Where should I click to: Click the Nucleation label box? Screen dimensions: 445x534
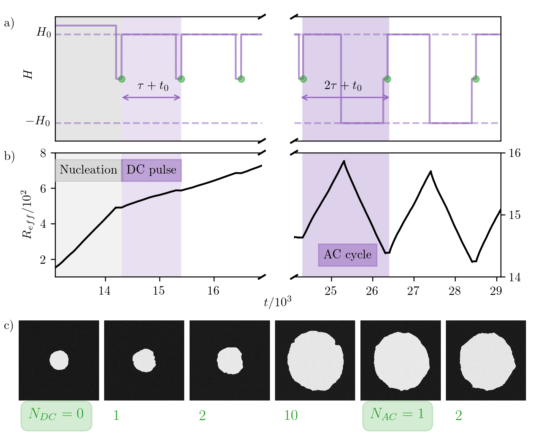[88, 170]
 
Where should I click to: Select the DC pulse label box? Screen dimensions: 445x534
[151, 170]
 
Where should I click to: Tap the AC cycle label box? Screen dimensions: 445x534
[347, 255]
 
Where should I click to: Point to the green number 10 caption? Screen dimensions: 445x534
[291, 416]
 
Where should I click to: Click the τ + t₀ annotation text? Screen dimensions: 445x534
[153, 86]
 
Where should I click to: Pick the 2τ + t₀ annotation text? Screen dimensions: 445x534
[343, 86]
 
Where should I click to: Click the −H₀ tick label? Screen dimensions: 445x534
[38, 121]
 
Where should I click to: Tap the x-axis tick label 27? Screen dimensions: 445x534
[413, 291]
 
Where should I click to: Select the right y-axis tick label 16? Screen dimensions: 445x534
[514, 153]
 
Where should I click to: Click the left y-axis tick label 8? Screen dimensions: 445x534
[43, 153]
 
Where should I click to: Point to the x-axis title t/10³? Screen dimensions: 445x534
[278, 302]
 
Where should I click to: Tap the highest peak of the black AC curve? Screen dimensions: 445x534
[344, 161]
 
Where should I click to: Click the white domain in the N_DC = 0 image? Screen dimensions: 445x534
[59, 360]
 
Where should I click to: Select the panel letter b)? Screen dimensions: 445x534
[9, 157]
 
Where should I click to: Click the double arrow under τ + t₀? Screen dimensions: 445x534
[151, 98]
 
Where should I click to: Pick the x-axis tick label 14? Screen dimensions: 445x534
[105, 291]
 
